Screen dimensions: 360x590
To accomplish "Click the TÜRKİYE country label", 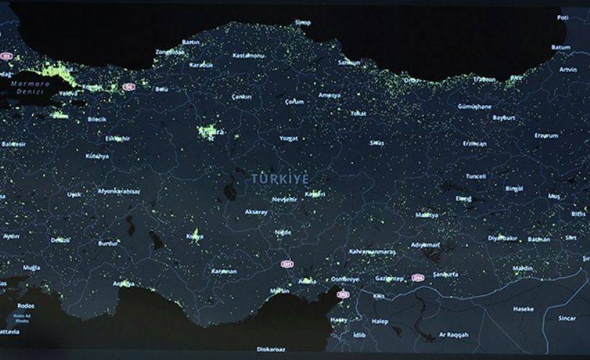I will point(280,177).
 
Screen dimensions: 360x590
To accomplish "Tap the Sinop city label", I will point(301,23).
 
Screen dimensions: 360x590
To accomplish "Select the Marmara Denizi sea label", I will point(27,88).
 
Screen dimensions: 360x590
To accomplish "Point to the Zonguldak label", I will point(170,52).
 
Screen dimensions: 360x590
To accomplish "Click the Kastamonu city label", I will point(249,55).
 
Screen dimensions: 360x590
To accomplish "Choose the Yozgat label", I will point(288,137).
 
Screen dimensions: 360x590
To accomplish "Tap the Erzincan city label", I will point(475,143).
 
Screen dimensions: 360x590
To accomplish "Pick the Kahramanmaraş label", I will point(372,251).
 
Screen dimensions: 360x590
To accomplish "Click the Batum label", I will point(560,48).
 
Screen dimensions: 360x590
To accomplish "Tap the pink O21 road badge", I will point(287,264).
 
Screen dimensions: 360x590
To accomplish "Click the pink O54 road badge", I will point(418,277).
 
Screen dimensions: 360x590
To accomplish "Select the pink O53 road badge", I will point(342,294).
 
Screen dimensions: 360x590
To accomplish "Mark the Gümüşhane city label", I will point(474,106).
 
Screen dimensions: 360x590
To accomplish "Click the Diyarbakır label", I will point(503,238).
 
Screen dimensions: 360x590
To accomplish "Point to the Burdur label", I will point(108,243).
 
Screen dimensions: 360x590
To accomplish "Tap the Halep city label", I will point(380,321).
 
